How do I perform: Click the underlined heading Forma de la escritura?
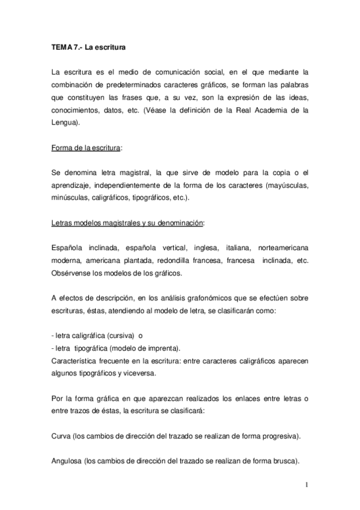coord(87,147)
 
